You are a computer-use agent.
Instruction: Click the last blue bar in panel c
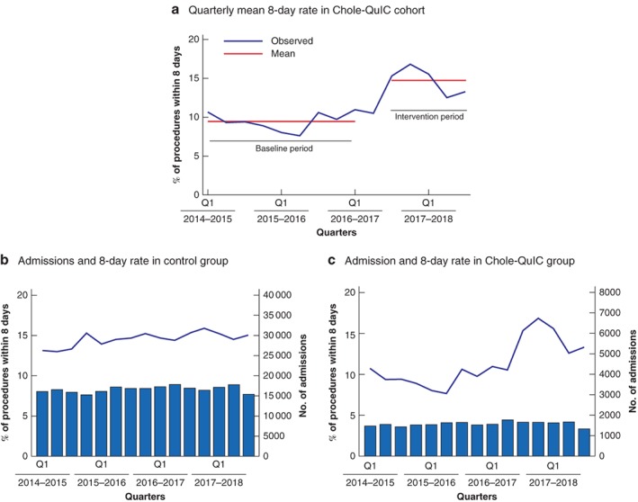click(x=583, y=442)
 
